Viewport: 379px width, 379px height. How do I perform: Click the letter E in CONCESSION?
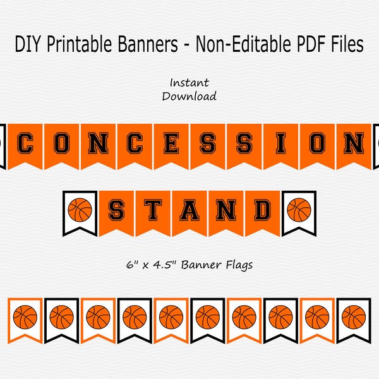point(171,144)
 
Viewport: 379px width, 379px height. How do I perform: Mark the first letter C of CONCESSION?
point(25,144)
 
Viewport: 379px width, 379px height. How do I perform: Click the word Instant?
point(189,82)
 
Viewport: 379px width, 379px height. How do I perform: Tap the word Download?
point(189,96)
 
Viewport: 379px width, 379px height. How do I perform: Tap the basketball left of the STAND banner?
point(80,209)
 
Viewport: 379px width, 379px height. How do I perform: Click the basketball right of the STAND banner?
point(299,209)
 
